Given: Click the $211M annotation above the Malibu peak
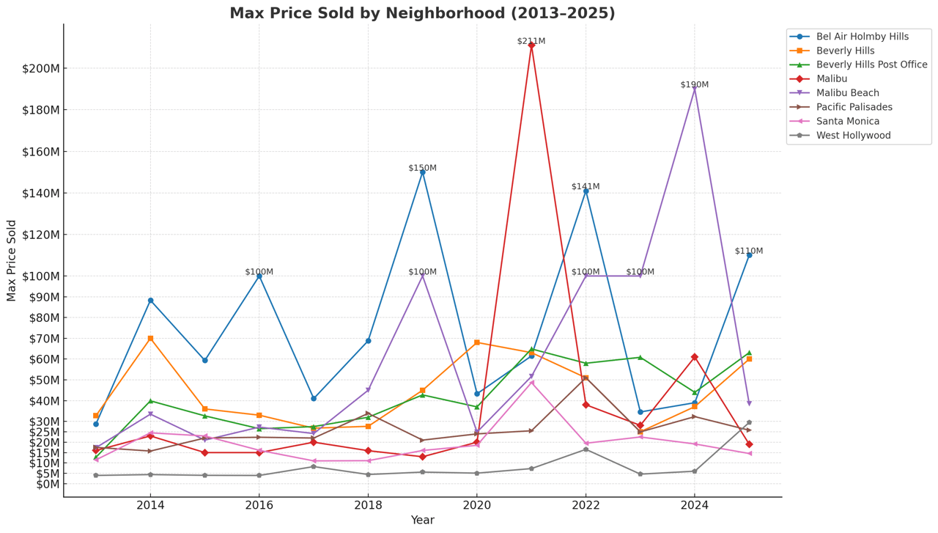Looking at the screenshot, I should pos(531,41).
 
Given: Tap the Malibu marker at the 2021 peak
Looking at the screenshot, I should pos(531,45).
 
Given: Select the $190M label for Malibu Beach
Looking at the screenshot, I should pos(694,85).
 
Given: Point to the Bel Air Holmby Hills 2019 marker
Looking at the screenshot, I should pos(422,172).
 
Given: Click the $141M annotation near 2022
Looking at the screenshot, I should pos(586,187).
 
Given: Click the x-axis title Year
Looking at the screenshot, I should pos(422,521).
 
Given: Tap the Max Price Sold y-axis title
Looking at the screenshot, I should pos(12,260).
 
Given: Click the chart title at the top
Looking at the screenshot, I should pos(422,13).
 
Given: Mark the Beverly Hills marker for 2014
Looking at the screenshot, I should pos(150,339).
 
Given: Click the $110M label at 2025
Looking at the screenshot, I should pos(748,251).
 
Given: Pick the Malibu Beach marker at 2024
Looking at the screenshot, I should pos(695,89).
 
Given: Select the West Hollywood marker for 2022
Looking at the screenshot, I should pos(586,449).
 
